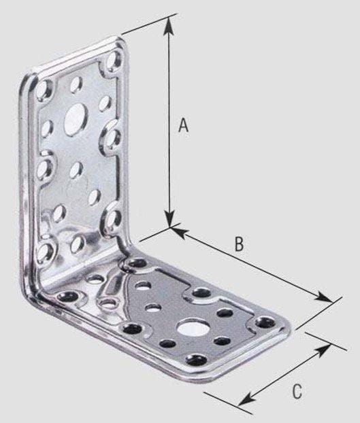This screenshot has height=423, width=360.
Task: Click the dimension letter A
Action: [182, 125]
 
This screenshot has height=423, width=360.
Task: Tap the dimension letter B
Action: [239, 246]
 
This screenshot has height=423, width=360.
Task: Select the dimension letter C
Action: [296, 391]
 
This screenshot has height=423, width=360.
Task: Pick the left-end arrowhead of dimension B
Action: [176, 231]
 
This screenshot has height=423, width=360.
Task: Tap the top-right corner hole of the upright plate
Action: [113, 63]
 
